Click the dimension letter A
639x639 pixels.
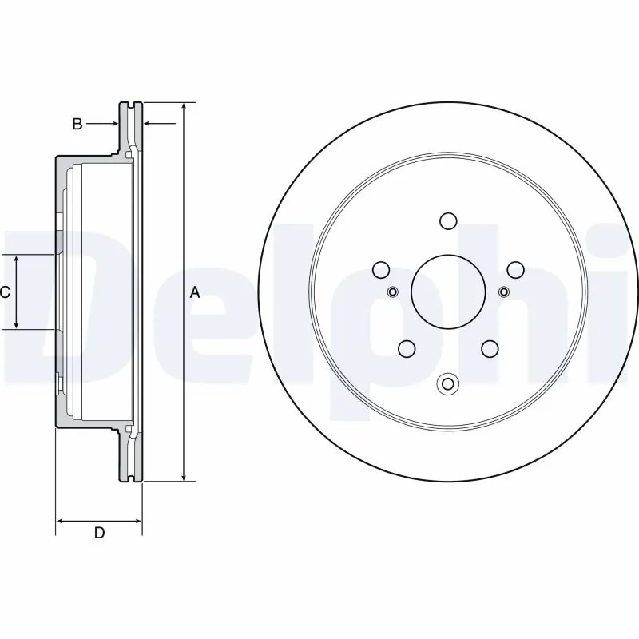pos(194,292)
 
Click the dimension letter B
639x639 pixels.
pos(77,124)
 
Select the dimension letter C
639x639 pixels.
pos(5,292)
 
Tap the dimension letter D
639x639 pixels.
pos(99,533)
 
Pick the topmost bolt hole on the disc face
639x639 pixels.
pos(447,220)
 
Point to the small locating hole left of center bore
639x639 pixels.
pos(392,291)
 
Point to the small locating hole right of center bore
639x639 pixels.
pos(503,291)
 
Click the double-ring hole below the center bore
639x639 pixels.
pos(447,384)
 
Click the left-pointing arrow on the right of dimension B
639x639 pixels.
pos(149,124)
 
